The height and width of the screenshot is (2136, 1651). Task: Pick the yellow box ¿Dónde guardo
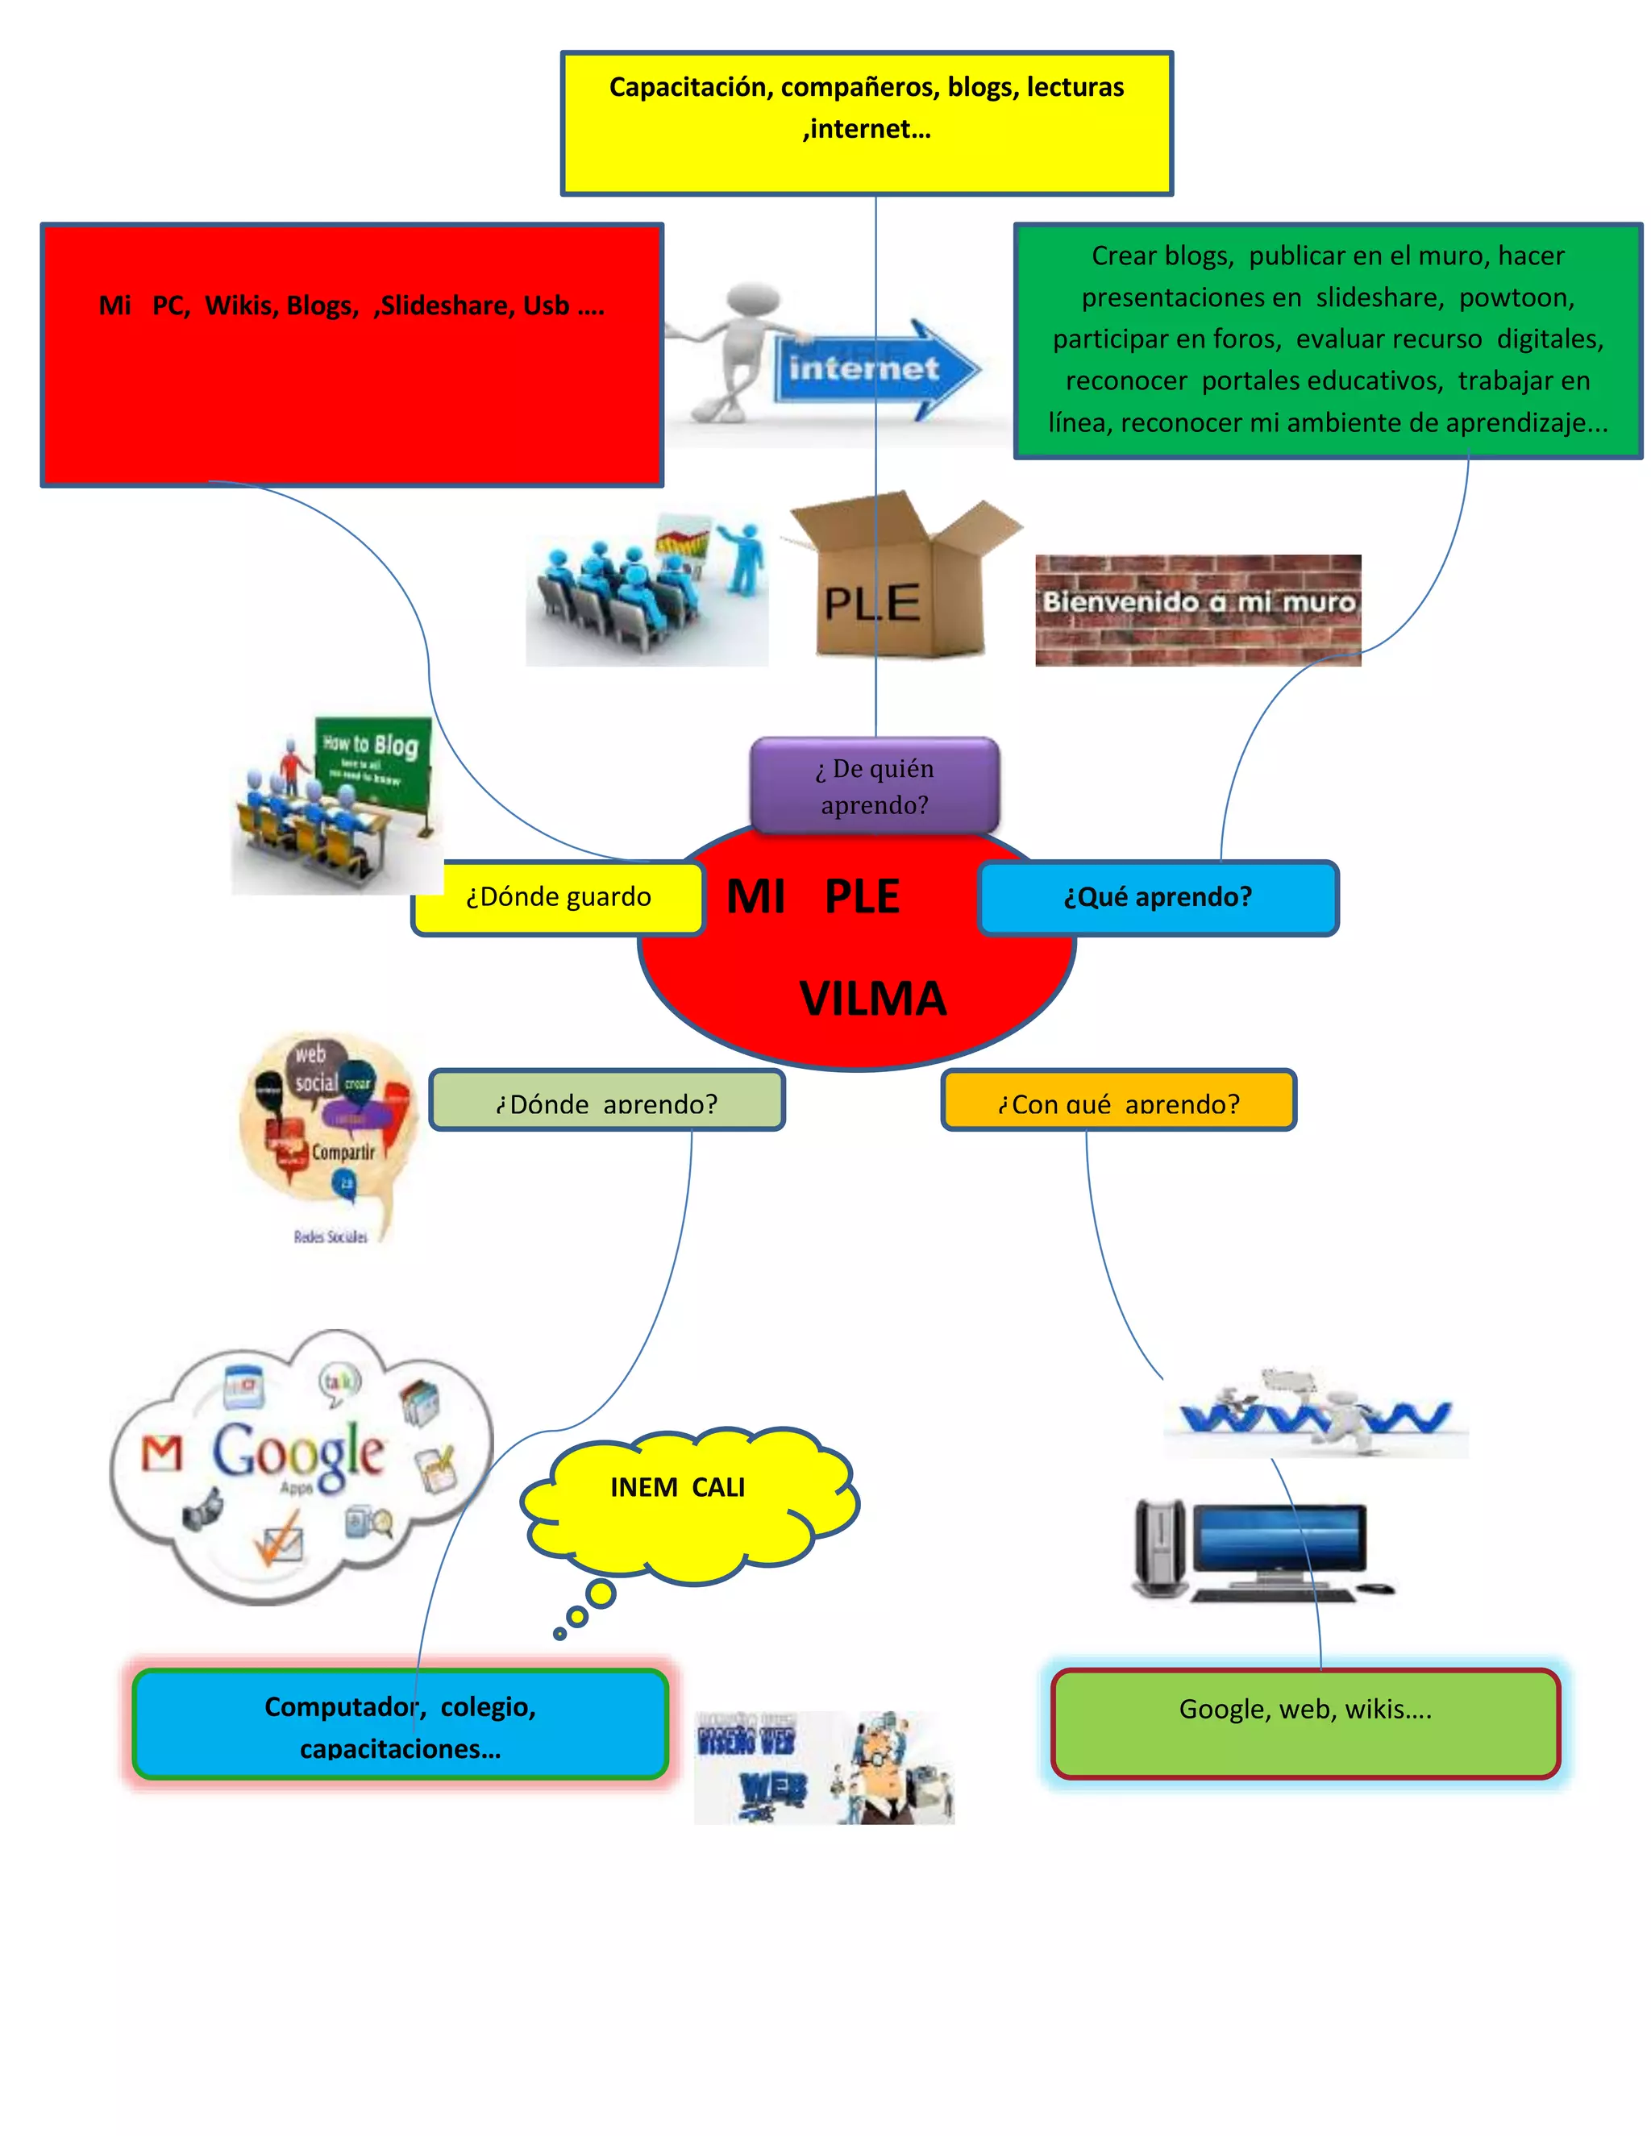tap(558, 897)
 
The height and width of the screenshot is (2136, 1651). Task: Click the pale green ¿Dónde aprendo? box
tap(606, 1100)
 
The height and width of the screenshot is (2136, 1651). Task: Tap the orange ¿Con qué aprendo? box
tap(1118, 1100)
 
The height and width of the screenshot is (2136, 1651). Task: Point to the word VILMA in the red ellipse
tap(872, 999)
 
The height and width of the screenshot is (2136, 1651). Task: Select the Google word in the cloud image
tap(298, 1452)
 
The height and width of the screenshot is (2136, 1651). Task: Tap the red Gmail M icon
tap(162, 1454)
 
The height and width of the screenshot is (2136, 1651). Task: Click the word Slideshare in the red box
tap(445, 306)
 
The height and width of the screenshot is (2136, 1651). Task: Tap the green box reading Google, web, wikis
tap(1305, 1723)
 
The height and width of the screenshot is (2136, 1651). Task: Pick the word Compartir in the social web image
tap(343, 1152)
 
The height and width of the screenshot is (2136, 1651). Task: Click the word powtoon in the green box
tap(1516, 297)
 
